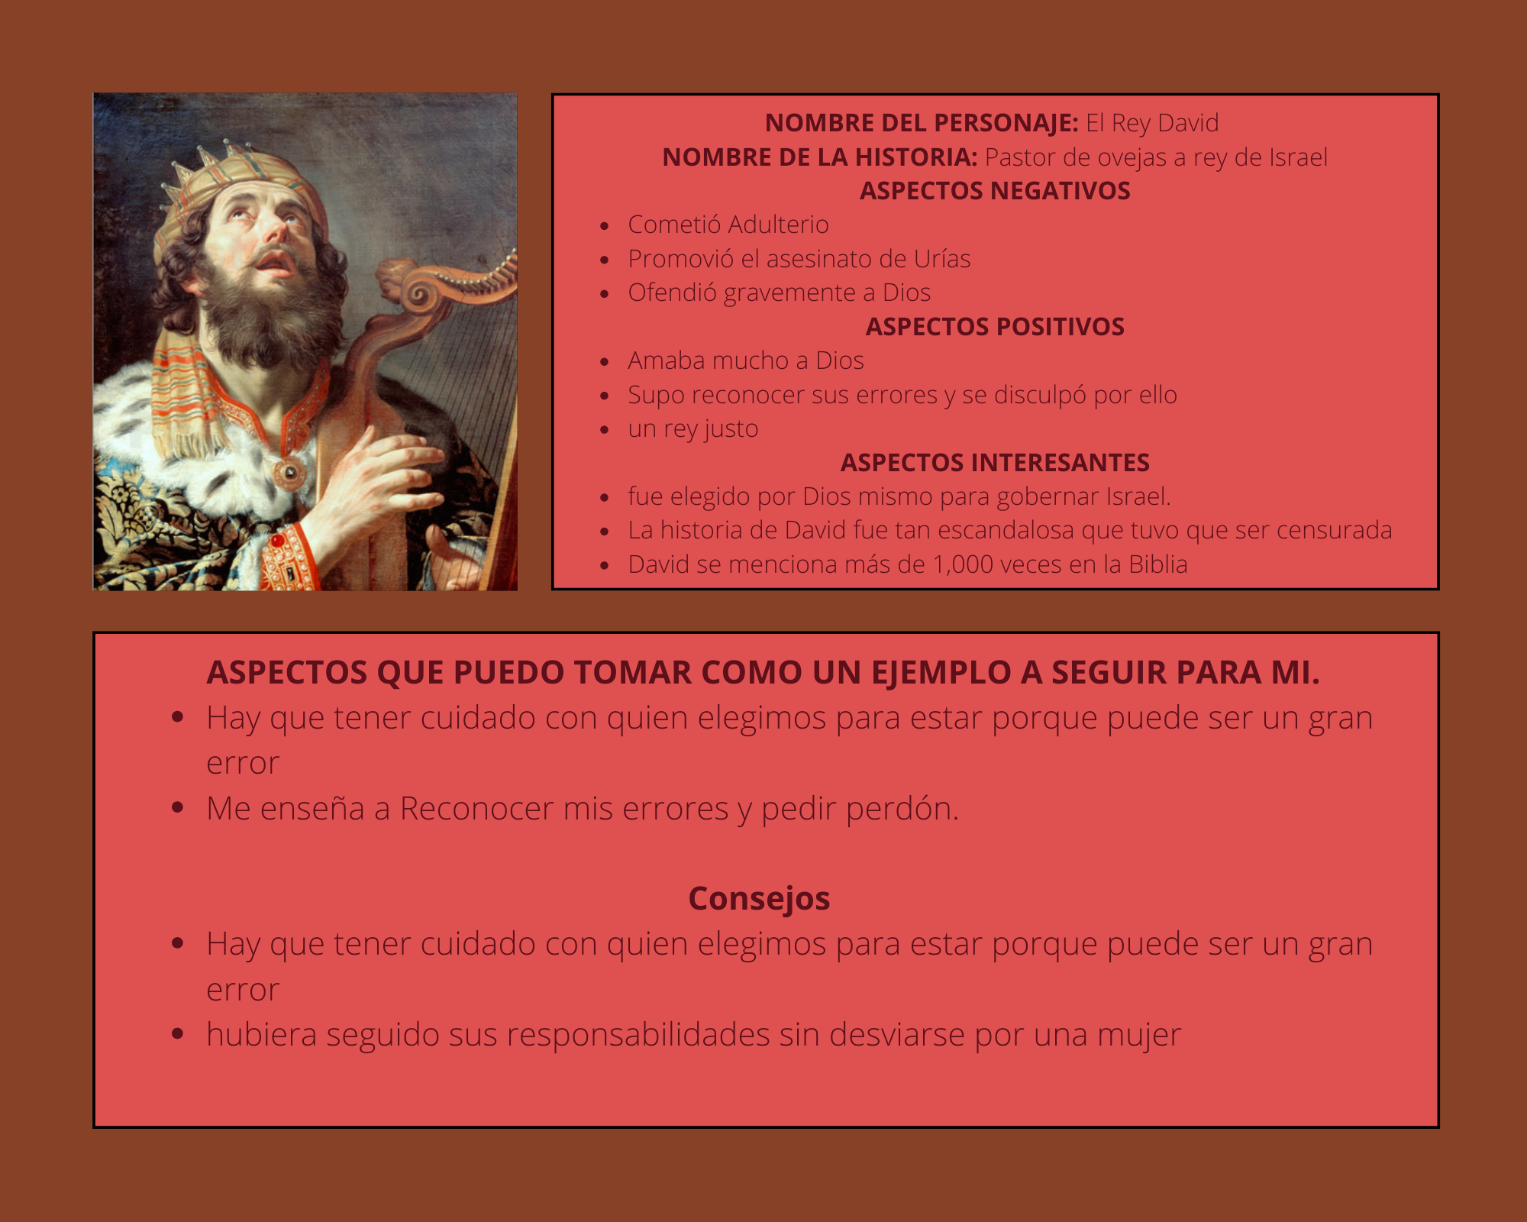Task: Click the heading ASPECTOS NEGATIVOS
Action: tap(995, 191)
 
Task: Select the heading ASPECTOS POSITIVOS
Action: tap(995, 327)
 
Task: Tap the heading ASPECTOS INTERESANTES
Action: tap(995, 463)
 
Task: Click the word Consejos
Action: tap(759, 899)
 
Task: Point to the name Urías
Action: tap(942, 259)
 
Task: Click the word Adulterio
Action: tap(778, 225)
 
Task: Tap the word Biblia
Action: tap(1158, 564)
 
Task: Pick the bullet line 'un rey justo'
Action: tap(693, 429)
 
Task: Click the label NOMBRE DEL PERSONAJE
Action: tap(922, 123)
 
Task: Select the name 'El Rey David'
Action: tap(1152, 123)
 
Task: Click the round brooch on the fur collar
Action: tap(289, 474)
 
